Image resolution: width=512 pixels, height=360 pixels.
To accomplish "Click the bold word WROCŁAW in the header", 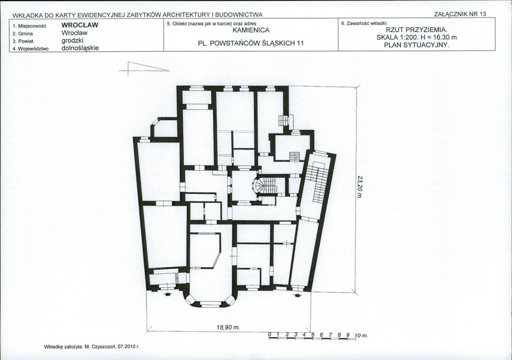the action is pos(79,25).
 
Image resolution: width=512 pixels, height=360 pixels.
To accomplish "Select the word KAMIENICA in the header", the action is pos(251,30).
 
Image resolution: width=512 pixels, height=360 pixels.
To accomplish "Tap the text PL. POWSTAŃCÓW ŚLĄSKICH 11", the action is pos(251,43).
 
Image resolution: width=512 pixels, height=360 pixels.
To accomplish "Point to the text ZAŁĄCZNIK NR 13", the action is pos(460,14).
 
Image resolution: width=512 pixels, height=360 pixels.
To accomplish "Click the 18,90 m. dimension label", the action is pos(228,327).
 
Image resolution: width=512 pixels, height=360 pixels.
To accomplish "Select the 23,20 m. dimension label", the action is pos(360,187).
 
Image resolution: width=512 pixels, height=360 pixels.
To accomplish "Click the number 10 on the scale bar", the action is pos(357,335).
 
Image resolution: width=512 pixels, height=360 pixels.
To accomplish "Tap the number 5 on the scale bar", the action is pos(313,335).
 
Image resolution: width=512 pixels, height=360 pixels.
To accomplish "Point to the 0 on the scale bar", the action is pos(270,335).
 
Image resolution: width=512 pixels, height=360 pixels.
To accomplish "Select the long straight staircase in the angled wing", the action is pos(316,182).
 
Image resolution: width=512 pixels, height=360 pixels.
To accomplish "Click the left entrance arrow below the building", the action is pos(168,294).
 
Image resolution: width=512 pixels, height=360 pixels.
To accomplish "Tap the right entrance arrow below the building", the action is pos(297,295).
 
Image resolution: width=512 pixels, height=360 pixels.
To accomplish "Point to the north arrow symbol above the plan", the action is pos(144,68).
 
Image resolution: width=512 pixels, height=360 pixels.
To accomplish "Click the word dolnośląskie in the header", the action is pos(80,48).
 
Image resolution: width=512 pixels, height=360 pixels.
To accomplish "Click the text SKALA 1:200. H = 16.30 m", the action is pos(417,37).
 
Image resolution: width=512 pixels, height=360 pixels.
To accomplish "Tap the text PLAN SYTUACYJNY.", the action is pos(417,45).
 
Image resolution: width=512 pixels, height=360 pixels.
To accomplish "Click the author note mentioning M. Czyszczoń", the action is pos(91,347).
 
